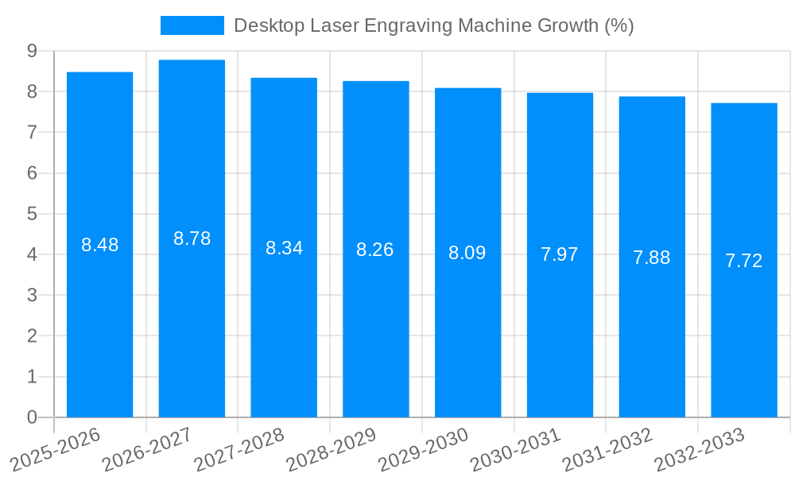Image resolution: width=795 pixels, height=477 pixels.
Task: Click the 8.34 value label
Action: (284, 248)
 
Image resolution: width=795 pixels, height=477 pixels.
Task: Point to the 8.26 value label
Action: (375, 250)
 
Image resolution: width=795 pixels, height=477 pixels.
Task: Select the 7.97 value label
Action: (560, 254)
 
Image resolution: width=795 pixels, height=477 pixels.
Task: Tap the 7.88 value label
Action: (652, 258)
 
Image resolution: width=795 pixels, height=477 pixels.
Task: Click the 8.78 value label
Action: (192, 238)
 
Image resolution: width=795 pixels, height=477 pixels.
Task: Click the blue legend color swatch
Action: (192, 25)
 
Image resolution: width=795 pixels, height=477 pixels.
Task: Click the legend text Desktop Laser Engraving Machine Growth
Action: (433, 25)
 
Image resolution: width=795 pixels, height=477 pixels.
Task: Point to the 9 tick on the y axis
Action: (32, 51)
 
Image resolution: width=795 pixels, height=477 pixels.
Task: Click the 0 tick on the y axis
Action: (32, 417)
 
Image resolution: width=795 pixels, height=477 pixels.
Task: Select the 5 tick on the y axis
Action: (32, 214)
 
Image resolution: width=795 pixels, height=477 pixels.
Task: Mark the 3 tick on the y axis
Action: (32, 295)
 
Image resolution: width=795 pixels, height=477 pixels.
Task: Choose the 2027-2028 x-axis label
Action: (239, 449)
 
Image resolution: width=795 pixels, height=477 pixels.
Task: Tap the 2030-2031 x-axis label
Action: (515, 449)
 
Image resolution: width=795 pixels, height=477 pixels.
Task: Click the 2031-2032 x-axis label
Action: (607, 449)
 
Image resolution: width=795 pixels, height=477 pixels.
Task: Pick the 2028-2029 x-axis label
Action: (331, 449)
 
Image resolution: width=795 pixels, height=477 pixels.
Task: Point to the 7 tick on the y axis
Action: (32, 132)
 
